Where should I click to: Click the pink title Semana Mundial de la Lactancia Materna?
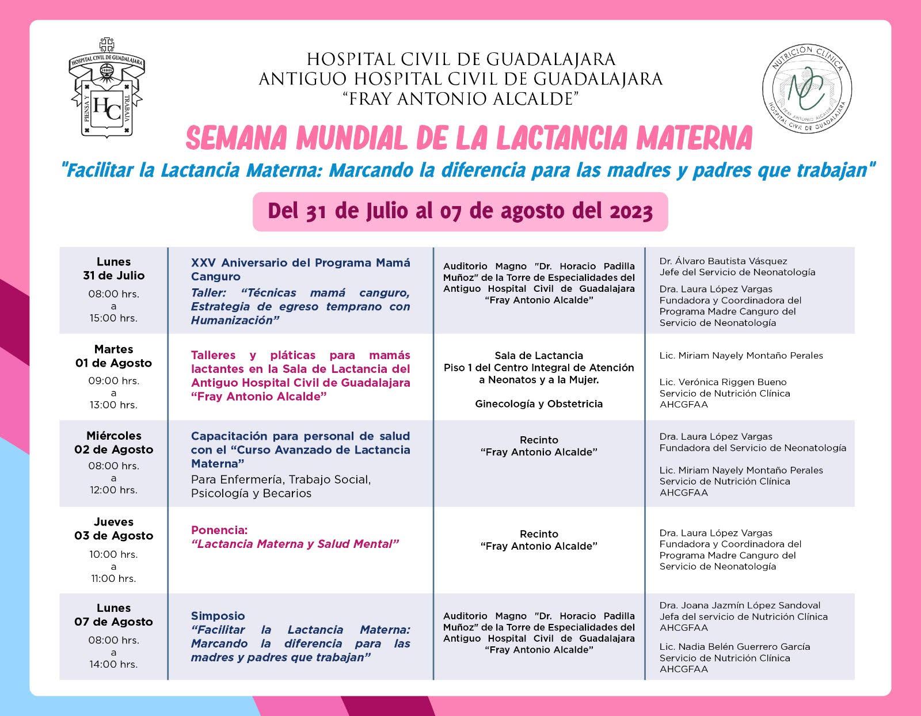[469, 138]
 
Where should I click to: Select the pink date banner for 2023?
[460, 212]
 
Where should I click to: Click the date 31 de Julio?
[113, 276]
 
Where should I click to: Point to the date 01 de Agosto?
[113, 363]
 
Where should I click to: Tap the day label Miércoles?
[113, 436]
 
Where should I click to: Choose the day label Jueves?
[113, 522]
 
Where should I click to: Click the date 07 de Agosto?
[113, 622]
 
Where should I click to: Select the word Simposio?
[218, 616]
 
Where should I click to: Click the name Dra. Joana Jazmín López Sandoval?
[740, 605]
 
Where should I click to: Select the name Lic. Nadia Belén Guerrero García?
[734, 647]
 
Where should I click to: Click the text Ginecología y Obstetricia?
[539, 404]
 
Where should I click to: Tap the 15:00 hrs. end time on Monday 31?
[113, 318]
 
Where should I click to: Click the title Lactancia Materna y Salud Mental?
[295, 544]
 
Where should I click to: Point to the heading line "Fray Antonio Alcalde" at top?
[460, 99]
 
